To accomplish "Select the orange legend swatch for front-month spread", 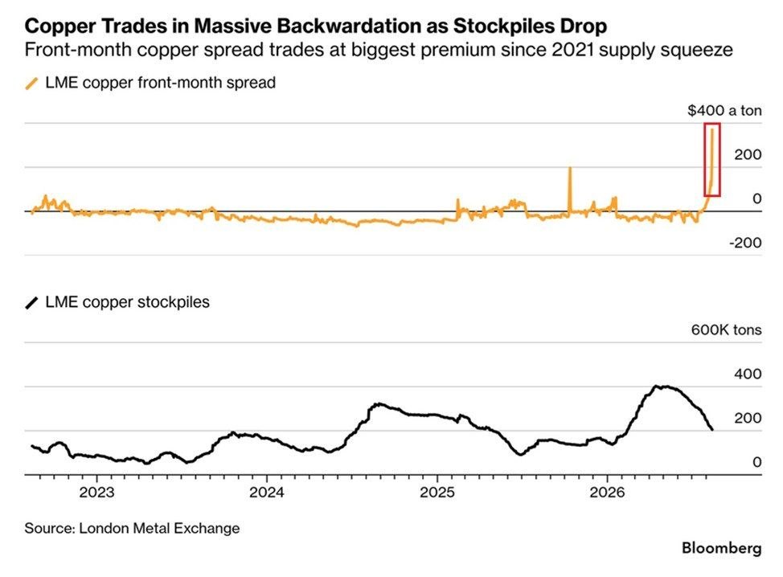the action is point(31,84).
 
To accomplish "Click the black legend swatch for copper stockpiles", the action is point(31,303).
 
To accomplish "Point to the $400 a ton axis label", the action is point(724,110).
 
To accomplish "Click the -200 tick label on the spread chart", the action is point(745,243).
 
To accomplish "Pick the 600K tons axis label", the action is point(726,330).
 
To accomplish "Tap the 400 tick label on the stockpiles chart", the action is point(748,374).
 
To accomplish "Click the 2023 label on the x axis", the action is point(97,493).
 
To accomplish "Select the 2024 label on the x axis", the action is point(267,493).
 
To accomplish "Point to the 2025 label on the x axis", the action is point(437,493).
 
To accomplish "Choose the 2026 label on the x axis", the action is point(607,493).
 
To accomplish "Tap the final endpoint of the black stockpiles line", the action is point(712,429).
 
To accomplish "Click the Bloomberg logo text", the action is point(722,548).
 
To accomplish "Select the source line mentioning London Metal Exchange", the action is point(132,529).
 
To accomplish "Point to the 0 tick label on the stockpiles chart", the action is point(757,462).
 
